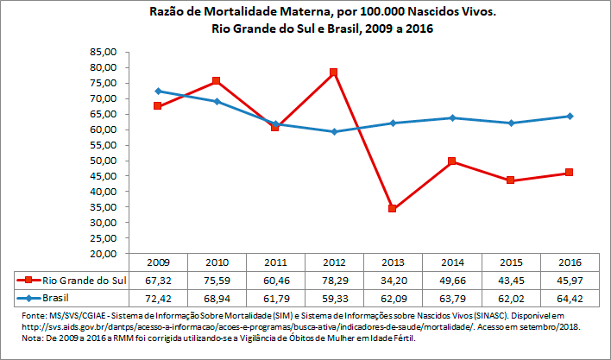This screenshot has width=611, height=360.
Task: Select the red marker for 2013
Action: click(392, 209)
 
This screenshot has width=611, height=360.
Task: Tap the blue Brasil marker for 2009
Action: click(158, 91)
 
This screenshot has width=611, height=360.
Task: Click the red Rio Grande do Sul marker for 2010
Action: click(216, 81)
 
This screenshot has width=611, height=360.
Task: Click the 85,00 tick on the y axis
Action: click(104, 52)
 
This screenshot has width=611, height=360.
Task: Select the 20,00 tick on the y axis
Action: click(104, 254)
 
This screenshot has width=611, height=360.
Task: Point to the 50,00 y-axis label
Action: click(104, 161)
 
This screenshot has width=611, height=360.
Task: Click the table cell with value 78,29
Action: click(333, 280)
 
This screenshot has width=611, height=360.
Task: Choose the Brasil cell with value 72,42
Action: click(158, 297)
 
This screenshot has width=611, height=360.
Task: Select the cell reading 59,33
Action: click(333, 297)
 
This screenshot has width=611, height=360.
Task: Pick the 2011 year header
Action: click(274, 262)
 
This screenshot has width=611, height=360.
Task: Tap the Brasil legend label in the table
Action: click(57, 297)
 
